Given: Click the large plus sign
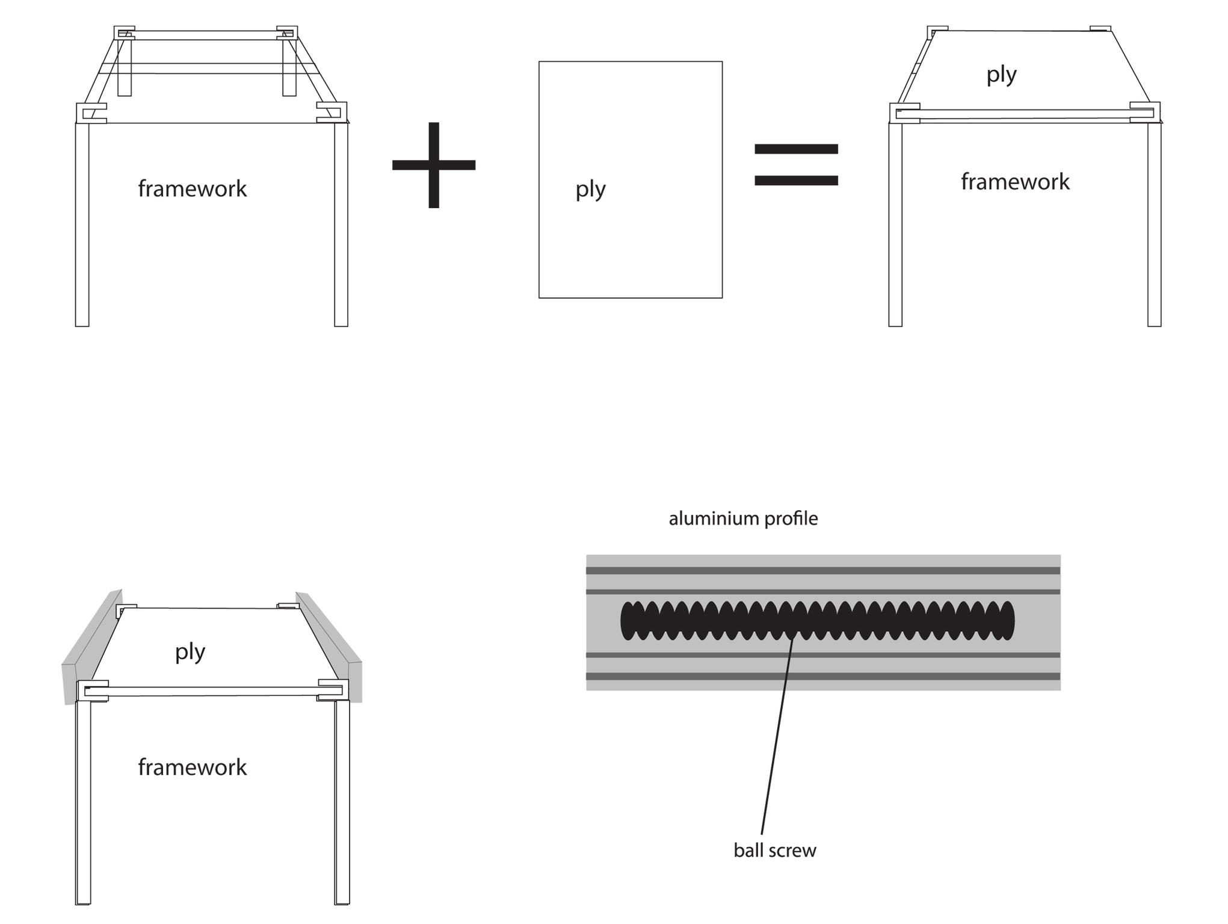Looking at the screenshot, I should (434, 165).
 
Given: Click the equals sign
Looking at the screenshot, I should (796, 164).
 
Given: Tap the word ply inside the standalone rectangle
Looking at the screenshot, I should (590, 189).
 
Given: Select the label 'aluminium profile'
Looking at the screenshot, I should (743, 519).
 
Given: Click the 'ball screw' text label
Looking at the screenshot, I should (775, 850).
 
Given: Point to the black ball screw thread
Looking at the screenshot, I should (817, 620).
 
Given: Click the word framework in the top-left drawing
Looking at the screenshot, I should (193, 189).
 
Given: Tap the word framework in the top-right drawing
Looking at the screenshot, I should (1015, 182).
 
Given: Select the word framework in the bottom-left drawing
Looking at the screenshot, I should (193, 767).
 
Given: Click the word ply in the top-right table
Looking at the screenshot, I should (1001, 75).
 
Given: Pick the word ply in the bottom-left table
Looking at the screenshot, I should (190, 651).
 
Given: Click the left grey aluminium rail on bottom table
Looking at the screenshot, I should (90, 650).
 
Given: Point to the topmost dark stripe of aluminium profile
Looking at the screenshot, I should (823, 570).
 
